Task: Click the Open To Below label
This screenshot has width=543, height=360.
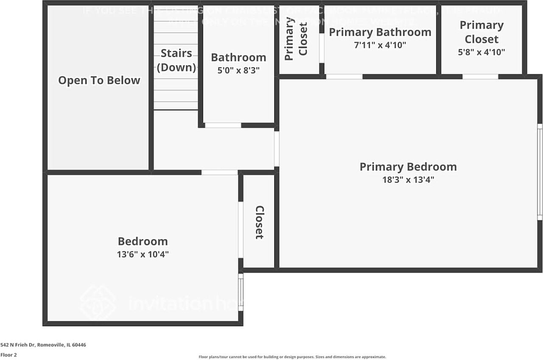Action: click(99, 80)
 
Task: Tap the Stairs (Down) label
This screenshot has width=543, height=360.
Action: click(176, 60)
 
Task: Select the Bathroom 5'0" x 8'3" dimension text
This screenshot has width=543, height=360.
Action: click(238, 70)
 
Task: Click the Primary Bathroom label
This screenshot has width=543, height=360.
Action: click(380, 32)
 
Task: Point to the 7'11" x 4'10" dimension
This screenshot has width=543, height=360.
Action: click(380, 45)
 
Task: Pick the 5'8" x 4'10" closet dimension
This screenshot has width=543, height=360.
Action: click(481, 52)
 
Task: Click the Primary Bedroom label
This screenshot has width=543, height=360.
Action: click(408, 166)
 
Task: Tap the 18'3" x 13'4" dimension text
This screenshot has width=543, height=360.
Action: click(408, 180)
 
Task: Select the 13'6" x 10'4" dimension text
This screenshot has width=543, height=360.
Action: click(143, 254)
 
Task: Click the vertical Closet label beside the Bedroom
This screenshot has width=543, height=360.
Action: click(259, 222)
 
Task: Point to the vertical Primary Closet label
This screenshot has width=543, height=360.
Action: click(296, 39)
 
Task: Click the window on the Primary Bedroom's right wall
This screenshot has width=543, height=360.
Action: click(540, 172)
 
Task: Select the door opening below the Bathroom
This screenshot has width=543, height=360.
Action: click(223, 125)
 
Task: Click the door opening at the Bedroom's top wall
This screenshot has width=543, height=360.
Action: click(219, 172)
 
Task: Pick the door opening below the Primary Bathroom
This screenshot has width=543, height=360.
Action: click(344, 77)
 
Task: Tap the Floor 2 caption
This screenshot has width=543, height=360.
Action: click(8, 355)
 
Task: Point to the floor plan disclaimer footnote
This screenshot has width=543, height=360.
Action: click(292, 357)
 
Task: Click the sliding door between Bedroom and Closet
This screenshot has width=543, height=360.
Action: click(241, 230)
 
